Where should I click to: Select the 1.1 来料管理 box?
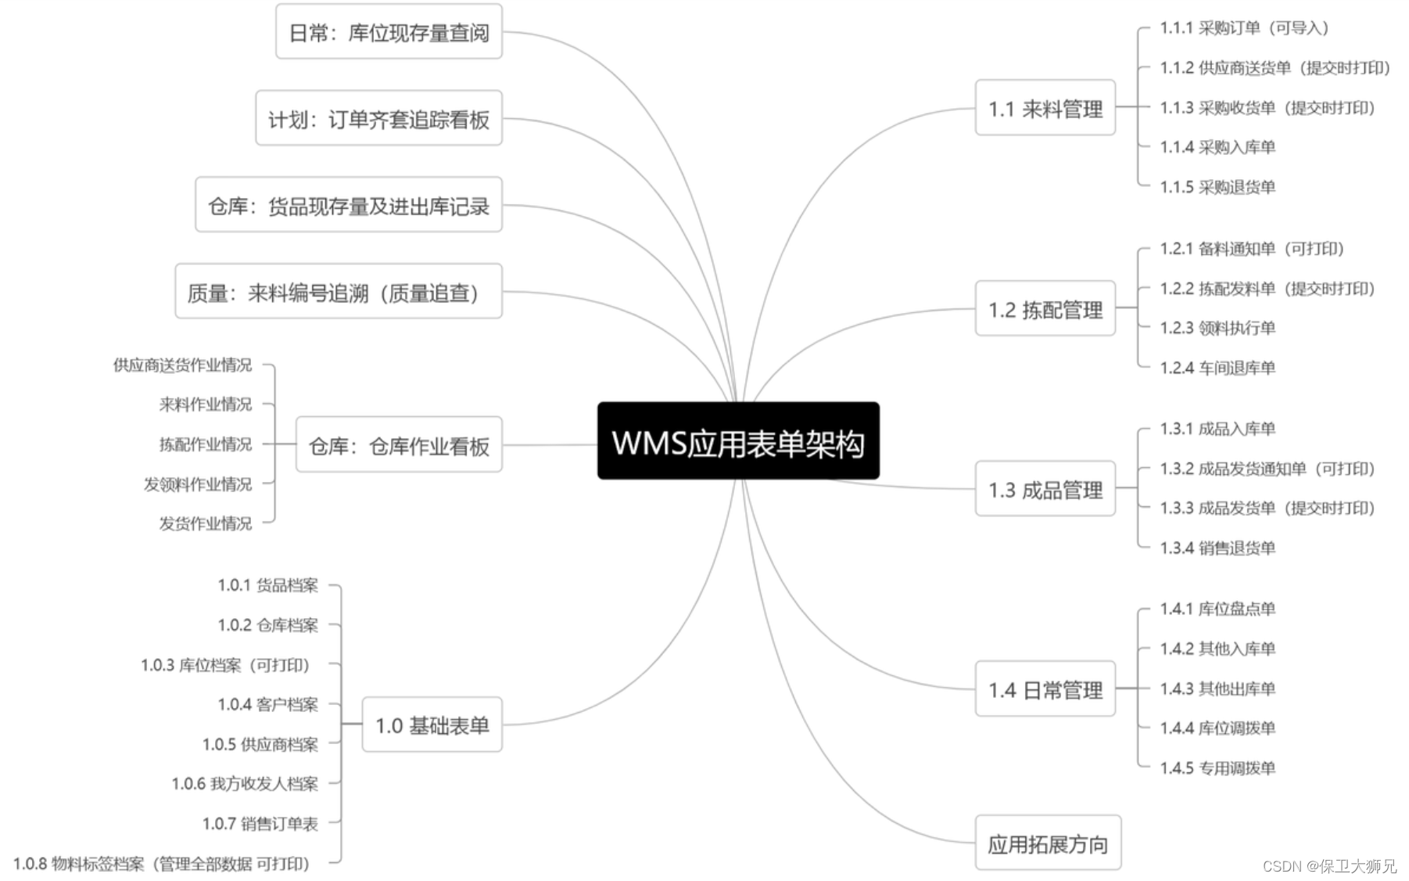1045,108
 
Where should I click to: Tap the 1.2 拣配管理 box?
1045,309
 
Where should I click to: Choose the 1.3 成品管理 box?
1045,489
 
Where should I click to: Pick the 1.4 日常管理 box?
1045,689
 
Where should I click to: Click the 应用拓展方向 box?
1048,843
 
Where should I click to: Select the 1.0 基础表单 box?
432,725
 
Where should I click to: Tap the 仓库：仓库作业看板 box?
399,445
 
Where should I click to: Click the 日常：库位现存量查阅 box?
389,32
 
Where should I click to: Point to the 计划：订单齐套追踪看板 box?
378,119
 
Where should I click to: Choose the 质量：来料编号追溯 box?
338,292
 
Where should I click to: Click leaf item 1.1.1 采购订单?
1244,28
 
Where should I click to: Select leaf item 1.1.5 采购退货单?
1217,187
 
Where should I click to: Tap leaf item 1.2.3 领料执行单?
1217,328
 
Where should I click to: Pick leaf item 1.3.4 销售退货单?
1217,548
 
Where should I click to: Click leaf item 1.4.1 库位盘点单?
1217,609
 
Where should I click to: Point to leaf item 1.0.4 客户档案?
267,704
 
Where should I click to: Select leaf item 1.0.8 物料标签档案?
162,864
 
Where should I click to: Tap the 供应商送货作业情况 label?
182,365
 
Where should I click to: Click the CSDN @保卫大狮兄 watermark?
1329,865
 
